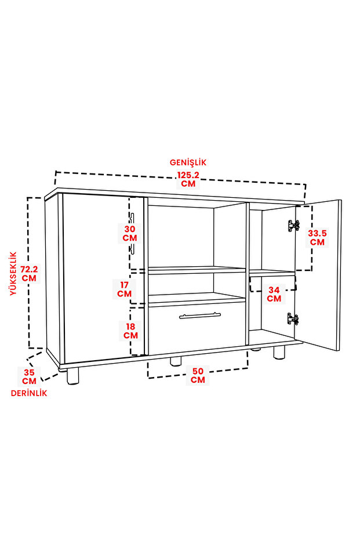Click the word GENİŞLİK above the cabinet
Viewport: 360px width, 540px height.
click(188, 162)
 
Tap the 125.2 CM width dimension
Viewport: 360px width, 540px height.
click(188, 179)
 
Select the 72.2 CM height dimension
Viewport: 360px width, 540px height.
click(29, 273)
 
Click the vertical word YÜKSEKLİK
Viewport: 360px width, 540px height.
click(13, 273)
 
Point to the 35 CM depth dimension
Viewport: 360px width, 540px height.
click(29, 377)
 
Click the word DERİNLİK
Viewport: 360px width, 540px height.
click(29, 393)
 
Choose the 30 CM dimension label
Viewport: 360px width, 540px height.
click(130, 234)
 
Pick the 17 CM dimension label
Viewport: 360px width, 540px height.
click(124, 289)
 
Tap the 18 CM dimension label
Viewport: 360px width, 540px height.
click(130, 331)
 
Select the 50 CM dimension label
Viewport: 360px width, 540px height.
click(198, 375)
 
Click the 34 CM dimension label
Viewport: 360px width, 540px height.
click(274, 294)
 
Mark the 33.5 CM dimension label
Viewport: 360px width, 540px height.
click(317, 238)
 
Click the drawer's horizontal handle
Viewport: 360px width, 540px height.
click(199, 316)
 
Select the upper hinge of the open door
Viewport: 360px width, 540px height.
click(293, 226)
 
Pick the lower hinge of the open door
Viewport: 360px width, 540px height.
click(293, 319)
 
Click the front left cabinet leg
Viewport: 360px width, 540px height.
click(72, 376)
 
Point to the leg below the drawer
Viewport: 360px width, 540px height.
click(176, 361)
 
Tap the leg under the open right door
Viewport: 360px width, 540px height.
click(279, 352)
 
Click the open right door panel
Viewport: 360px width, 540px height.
click(318, 275)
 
